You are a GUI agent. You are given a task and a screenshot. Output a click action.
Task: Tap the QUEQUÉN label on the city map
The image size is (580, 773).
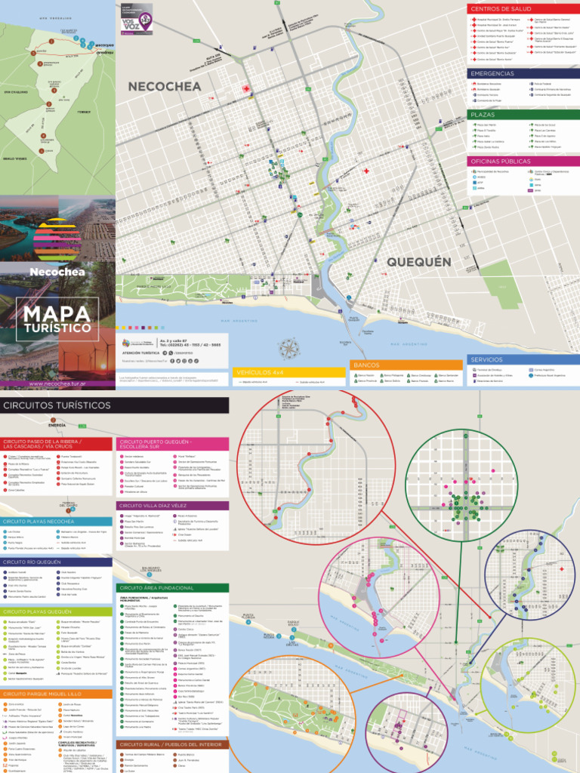pyautogui.click(x=419, y=262)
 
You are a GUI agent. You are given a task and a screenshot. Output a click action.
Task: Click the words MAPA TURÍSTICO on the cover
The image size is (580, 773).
pyautogui.click(x=57, y=319)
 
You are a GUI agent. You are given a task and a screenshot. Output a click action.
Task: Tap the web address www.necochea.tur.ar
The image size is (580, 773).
pyautogui.click(x=57, y=383)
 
